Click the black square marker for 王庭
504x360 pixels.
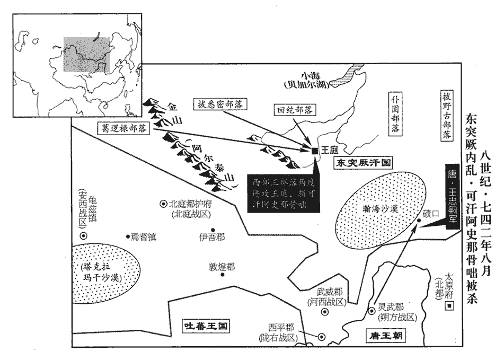click(314, 151)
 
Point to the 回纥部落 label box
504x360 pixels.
click(294, 110)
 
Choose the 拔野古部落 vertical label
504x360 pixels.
click(446, 115)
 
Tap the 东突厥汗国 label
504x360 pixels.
click(362, 163)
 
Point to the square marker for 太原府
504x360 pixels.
click(450, 306)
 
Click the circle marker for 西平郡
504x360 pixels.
click(321, 336)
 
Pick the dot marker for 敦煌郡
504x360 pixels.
click(223, 274)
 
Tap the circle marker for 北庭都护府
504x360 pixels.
click(163, 204)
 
